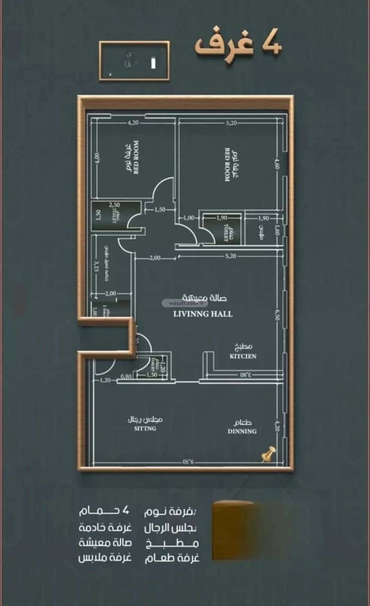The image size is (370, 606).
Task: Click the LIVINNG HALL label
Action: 203,314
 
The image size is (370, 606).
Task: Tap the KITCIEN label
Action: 242,356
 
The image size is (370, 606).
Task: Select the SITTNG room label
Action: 145,429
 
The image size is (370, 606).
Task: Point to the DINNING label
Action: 242,431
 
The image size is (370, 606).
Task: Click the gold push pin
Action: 268,454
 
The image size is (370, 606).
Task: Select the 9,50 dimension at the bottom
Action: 190,463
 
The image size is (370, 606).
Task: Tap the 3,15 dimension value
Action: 97,267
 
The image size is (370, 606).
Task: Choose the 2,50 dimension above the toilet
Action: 115,205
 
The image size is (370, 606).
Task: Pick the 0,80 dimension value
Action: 126,376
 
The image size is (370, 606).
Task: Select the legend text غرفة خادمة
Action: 105,528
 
